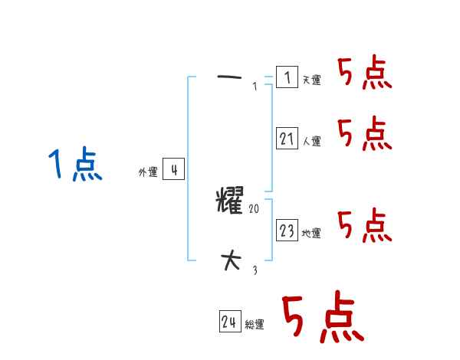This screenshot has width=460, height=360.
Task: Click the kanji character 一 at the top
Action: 230,77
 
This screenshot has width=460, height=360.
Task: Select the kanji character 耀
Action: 230,202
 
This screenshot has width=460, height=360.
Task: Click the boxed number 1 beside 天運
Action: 287,77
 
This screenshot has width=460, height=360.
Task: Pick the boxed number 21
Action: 287,139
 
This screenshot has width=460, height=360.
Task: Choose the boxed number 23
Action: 287,231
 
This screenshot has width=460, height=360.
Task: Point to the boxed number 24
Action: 230,322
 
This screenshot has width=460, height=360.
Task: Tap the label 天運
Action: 311,80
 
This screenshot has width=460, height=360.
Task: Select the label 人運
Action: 311,141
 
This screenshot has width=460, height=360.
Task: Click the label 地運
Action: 311,233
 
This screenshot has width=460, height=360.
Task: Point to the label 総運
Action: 255,325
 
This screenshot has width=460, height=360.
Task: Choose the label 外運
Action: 148,173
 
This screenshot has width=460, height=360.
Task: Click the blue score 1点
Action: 75,165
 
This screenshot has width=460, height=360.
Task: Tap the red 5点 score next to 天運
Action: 364,74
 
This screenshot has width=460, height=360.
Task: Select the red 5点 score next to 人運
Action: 364,134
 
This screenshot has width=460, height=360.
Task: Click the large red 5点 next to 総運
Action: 321,318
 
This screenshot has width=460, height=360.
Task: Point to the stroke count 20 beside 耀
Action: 255,208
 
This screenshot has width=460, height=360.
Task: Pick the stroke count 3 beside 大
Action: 255,270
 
